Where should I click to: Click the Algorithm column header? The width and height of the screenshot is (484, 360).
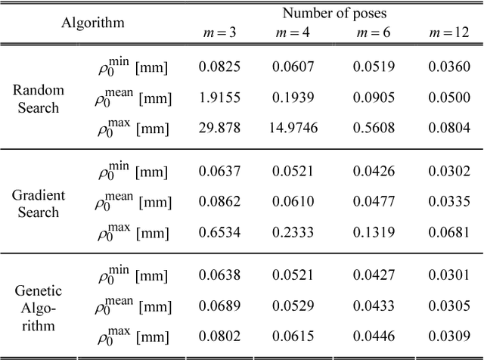pos(93,22)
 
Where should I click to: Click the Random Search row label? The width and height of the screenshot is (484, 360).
pos(39,98)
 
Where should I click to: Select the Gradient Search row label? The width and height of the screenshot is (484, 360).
pos(39,203)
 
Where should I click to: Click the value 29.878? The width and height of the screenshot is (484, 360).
pos(219,129)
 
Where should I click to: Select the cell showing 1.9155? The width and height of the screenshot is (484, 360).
pos(219,98)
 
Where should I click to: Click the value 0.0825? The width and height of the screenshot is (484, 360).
pos(219,67)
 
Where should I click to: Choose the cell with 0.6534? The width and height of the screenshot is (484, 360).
pos(219,234)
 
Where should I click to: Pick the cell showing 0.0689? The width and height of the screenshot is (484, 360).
pos(219,307)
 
